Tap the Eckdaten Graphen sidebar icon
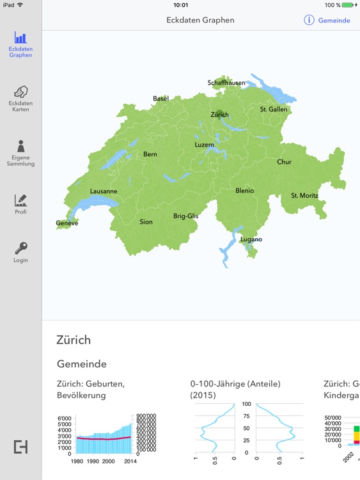[20, 39]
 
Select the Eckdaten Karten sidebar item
[20, 93]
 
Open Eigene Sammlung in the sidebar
[20, 147]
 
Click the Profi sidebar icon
[20, 200]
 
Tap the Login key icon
[20, 248]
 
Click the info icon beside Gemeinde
[309, 20]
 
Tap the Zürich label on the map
[219, 115]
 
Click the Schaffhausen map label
[227, 83]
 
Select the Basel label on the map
[160, 99]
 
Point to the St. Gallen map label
[274, 109]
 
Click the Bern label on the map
[150, 154]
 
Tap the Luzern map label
[205, 145]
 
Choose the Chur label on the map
[284, 162]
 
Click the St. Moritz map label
[304, 195]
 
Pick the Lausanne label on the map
[104, 191]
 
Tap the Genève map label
[67, 223]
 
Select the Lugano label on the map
[251, 239]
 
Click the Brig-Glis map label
[186, 216]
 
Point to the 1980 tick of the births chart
[77, 461]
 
